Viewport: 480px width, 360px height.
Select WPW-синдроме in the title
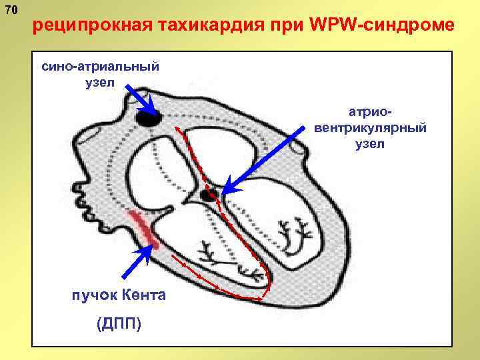pos(383,25)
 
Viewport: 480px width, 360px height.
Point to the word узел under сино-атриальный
pos(100,83)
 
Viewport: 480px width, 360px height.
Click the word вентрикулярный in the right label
pos(370,127)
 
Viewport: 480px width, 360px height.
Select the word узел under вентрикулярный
pos(370,143)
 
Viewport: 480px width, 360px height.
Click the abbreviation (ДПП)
pos(119,325)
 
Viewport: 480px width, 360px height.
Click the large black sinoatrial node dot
pos(149,119)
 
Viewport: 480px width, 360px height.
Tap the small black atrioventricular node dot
pos(211,194)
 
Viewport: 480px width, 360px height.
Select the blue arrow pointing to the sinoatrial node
pos(141,98)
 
